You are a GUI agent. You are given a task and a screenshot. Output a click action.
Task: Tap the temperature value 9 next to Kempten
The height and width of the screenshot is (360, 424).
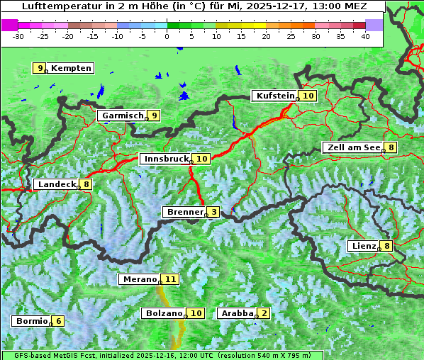40,68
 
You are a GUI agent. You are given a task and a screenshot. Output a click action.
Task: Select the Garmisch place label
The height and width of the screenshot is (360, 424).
122,116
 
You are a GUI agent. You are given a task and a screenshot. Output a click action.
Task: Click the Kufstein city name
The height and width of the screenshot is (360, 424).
274,96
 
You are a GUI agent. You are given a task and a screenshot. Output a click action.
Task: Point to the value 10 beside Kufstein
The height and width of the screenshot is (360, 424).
308,96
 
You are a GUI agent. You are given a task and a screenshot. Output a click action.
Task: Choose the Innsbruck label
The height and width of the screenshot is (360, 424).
165,159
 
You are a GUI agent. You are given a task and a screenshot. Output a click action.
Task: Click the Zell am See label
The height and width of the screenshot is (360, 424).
352,147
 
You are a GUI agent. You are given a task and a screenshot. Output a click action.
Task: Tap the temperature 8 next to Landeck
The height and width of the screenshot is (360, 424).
87,184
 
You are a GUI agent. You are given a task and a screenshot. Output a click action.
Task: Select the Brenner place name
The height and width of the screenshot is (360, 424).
184,212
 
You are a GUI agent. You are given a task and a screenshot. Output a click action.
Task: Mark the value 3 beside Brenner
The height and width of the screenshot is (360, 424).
213,212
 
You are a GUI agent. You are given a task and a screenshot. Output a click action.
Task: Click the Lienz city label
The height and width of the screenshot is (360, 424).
362,246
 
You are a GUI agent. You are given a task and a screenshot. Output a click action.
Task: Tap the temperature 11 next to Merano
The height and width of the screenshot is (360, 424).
170,279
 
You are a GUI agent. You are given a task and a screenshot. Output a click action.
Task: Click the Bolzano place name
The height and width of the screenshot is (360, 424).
164,313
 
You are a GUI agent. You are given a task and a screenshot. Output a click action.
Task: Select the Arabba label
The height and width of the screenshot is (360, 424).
237,313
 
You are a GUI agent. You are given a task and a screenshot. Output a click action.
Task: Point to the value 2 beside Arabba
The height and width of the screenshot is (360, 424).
264,313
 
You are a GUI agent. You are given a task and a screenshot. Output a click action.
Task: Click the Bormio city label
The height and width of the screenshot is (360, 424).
31,321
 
